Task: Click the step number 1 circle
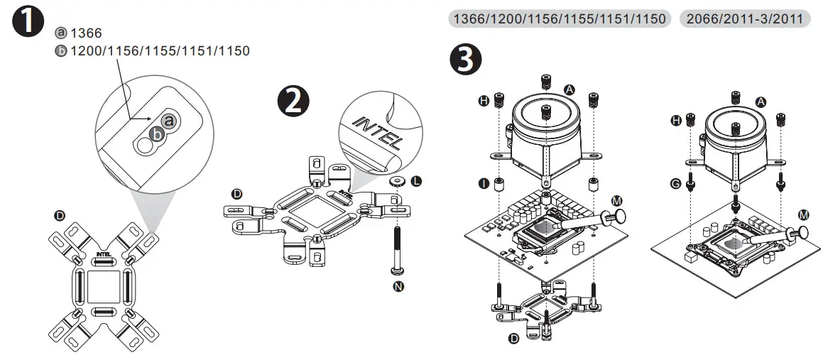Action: click(x=28, y=23)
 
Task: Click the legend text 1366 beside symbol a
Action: click(x=87, y=33)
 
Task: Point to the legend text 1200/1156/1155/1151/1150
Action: click(x=158, y=52)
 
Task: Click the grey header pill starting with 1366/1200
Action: click(x=560, y=19)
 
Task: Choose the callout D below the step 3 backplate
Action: click(x=513, y=340)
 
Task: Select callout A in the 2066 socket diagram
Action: click(x=761, y=102)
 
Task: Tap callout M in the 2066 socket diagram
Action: click(x=803, y=214)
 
